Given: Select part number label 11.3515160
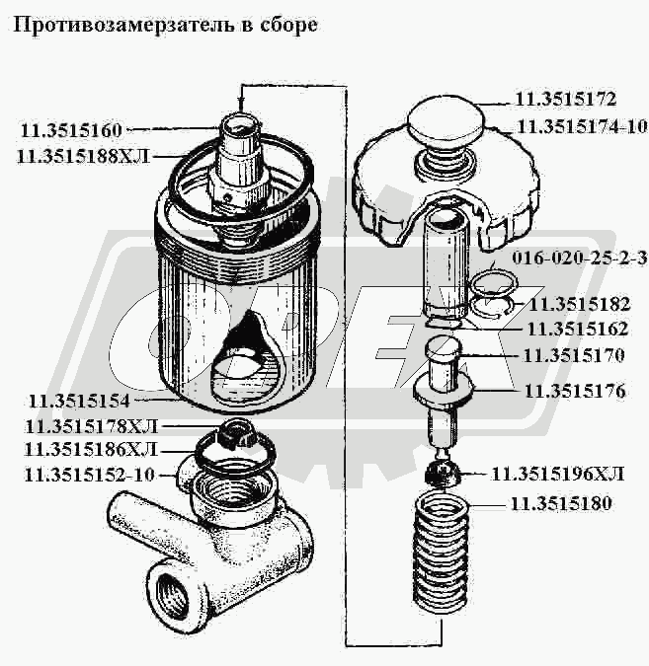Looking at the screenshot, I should click(70, 129).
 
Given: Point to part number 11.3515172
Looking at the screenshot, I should click(565, 100).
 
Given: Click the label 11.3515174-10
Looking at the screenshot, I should click(581, 126).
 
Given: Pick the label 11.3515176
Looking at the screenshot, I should click(574, 392).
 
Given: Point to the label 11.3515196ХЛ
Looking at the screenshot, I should click(558, 474).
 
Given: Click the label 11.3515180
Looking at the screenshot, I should click(560, 504).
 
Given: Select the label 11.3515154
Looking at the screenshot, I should click(78, 401).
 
